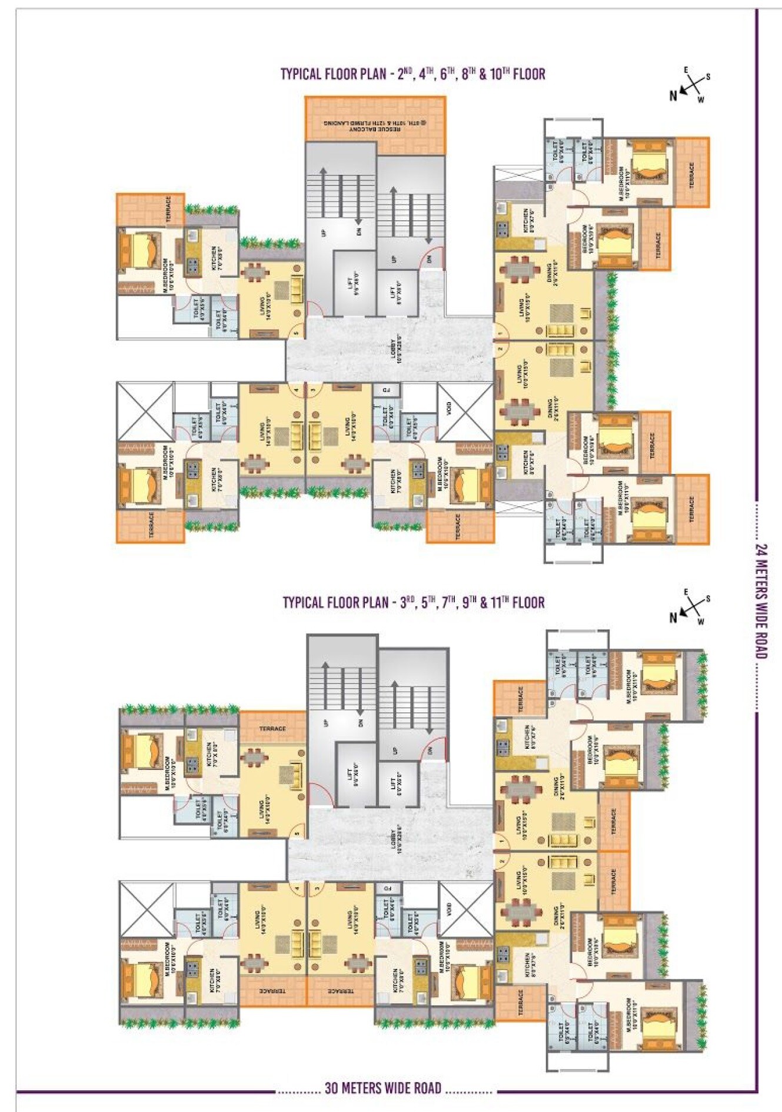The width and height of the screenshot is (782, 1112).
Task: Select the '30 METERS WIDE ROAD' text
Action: coord(383,1088)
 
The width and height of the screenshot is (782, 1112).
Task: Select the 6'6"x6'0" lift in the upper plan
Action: coord(354,286)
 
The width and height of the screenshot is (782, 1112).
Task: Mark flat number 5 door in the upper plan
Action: coord(296,333)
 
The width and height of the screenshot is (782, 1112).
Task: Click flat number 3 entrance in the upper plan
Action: coord(314,389)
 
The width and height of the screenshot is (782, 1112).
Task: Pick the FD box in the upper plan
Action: coord(387,390)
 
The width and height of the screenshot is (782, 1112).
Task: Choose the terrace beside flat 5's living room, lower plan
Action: coord(272,728)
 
